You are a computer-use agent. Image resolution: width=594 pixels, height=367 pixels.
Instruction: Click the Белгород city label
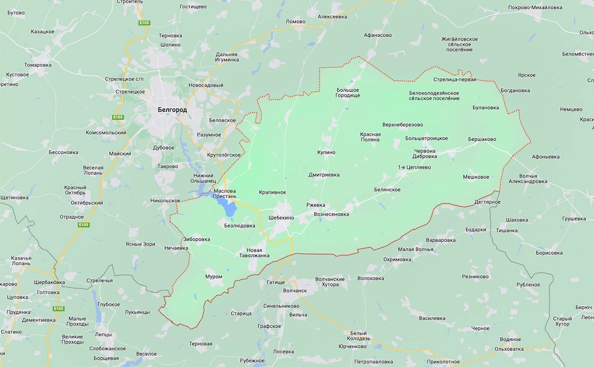pyautogui.click(x=172, y=110)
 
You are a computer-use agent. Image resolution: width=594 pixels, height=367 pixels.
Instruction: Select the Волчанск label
pyautogui.click(x=295, y=290)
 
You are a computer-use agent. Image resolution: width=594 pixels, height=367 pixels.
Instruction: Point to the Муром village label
pyautogui.click(x=213, y=277)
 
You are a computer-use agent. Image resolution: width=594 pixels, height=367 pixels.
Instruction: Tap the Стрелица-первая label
pyautogui.click(x=454, y=79)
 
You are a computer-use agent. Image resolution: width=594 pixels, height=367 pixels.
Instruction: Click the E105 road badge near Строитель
pyautogui.click(x=144, y=23)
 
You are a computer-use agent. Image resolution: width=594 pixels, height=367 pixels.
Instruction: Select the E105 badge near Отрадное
pyautogui.click(x=84, y=225)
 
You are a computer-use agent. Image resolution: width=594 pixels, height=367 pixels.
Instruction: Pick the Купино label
pyautogui.click(x=326, y=152)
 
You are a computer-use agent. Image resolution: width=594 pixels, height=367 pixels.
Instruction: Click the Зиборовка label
pyautogui.click(x=197, y=239)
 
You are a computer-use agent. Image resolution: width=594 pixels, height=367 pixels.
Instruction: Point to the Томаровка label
pyautogui.click(x=38, y=65)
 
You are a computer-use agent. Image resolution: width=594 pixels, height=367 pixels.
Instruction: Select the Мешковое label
pyautogui.click(x=476, y=177)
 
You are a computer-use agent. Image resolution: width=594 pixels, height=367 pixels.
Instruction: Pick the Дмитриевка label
pyautogui.click(x=324, y=175)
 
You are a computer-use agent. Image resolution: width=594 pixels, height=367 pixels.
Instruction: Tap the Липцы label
pyautogui.click(x=103, y=334)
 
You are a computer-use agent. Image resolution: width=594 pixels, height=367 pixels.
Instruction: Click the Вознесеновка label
pyautogui.click(x=331, y=214)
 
